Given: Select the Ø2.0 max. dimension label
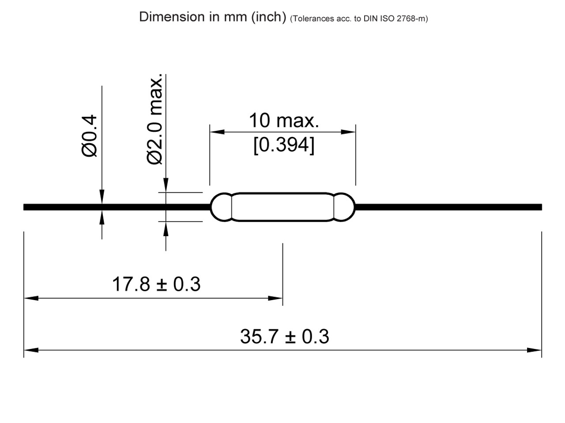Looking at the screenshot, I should click(155, 119).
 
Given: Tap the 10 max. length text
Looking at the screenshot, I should click(283, 120).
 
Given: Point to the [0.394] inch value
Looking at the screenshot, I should click(283, 145).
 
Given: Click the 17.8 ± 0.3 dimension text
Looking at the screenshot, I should click(156, 284).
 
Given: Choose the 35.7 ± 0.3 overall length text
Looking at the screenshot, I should click(285, 336).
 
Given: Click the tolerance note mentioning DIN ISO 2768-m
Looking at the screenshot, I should click(359, 19).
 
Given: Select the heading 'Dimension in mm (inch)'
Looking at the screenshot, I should click(213, 17).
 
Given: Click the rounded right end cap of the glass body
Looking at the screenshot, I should click(344, 207).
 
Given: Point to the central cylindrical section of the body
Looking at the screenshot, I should click(282, 207).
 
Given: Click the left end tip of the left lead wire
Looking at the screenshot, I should click(25, 207).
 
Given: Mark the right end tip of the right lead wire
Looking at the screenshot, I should click(540, 207).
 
